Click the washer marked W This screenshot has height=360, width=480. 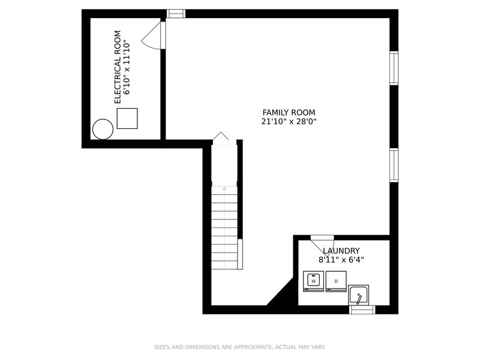point(313,281)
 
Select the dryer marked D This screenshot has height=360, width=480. point(336,281)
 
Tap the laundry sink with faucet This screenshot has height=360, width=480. point(358,295)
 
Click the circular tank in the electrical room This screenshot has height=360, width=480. point(103,129)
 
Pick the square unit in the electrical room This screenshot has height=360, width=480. point(127,118)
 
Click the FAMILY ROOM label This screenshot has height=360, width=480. point(289,112)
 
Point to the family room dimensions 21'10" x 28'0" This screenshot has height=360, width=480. point(289,122)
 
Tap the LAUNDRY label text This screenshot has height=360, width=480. point(341,251)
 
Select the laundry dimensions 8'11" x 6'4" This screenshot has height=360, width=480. point(341,260)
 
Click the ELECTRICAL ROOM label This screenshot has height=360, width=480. point(118,67)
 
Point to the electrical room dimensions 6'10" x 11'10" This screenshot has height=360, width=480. point(127,67)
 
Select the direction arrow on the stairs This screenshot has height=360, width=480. point(224,188)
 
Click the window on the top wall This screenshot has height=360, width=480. point(176,13)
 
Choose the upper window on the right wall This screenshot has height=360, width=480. point(394,68)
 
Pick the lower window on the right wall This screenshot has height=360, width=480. point(394,166)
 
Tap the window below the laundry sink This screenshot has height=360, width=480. point(362,310)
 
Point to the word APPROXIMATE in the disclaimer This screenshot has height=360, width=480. point(252,347)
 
